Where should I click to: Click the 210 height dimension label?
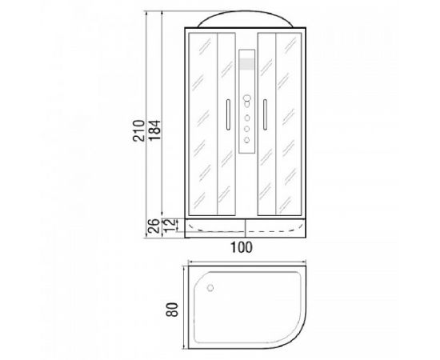[138, 130]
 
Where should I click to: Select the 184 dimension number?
[154, 130]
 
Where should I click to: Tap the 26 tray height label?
[154, 226]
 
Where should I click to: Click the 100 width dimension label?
[242, 247]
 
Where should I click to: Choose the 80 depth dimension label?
[172, 310]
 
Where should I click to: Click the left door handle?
[228, 114]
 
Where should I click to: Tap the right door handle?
[265, 114]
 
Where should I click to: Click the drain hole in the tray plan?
[210, 288]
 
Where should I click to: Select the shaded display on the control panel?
[246, 64]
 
